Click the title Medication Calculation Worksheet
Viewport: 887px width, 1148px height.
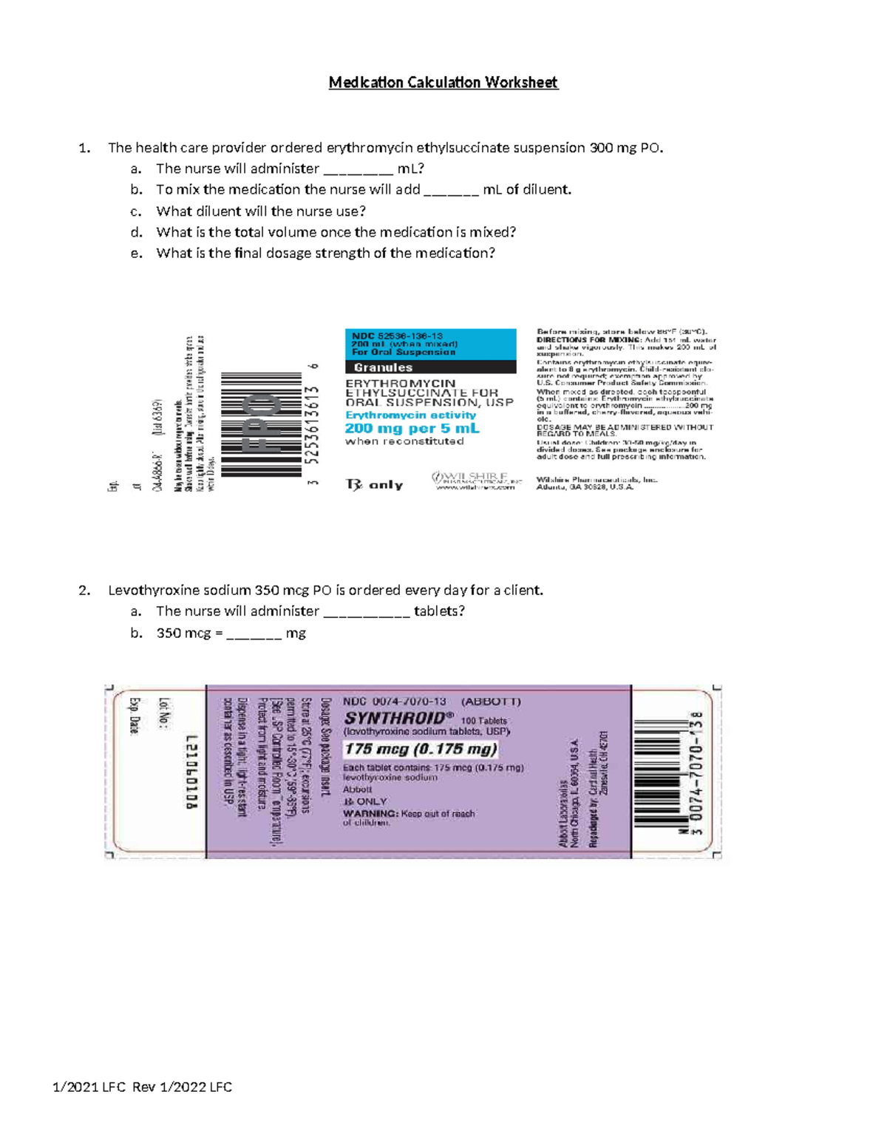pos(443,82)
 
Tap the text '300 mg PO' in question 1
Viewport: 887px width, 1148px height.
pos(625,148)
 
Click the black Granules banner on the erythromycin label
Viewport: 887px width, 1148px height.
pos(430,367)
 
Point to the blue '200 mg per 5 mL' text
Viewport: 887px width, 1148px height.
pos(412,429)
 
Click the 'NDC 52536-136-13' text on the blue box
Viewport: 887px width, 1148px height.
pos(398,336)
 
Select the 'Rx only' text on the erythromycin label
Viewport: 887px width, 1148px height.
pos(375,485)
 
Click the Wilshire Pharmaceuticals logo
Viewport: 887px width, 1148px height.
pos(477,481)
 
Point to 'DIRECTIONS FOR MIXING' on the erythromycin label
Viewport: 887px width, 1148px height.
pos(588,339)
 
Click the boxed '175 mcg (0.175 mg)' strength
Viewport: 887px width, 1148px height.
pos(421,750)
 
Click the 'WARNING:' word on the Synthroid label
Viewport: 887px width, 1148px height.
pos(370,814)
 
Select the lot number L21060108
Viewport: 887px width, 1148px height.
pos(192,772)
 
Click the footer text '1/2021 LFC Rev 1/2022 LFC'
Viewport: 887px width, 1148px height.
pos(143,1087)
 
